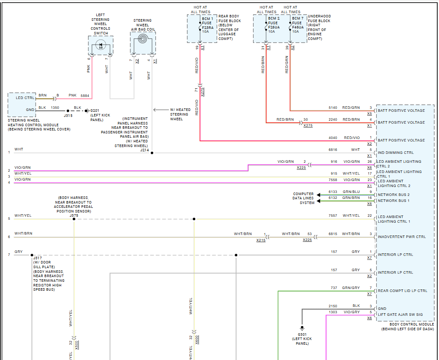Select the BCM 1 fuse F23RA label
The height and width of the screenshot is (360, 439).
208,25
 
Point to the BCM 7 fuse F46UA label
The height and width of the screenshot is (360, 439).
297,25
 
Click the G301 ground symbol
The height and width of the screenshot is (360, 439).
302,328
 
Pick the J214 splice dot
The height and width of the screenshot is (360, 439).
152,153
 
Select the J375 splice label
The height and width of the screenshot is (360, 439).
74,215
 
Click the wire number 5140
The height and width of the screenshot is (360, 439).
333,108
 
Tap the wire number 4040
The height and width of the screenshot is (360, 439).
333,138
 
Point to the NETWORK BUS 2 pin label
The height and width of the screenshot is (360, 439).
394,195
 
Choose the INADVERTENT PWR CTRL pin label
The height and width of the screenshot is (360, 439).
401,237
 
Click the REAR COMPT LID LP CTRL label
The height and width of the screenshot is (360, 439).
402,291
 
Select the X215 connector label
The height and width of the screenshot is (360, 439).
261,240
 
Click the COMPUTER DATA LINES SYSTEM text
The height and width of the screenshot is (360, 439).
304,198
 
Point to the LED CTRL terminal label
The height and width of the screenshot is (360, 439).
25,98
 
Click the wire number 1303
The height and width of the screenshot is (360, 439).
333,312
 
